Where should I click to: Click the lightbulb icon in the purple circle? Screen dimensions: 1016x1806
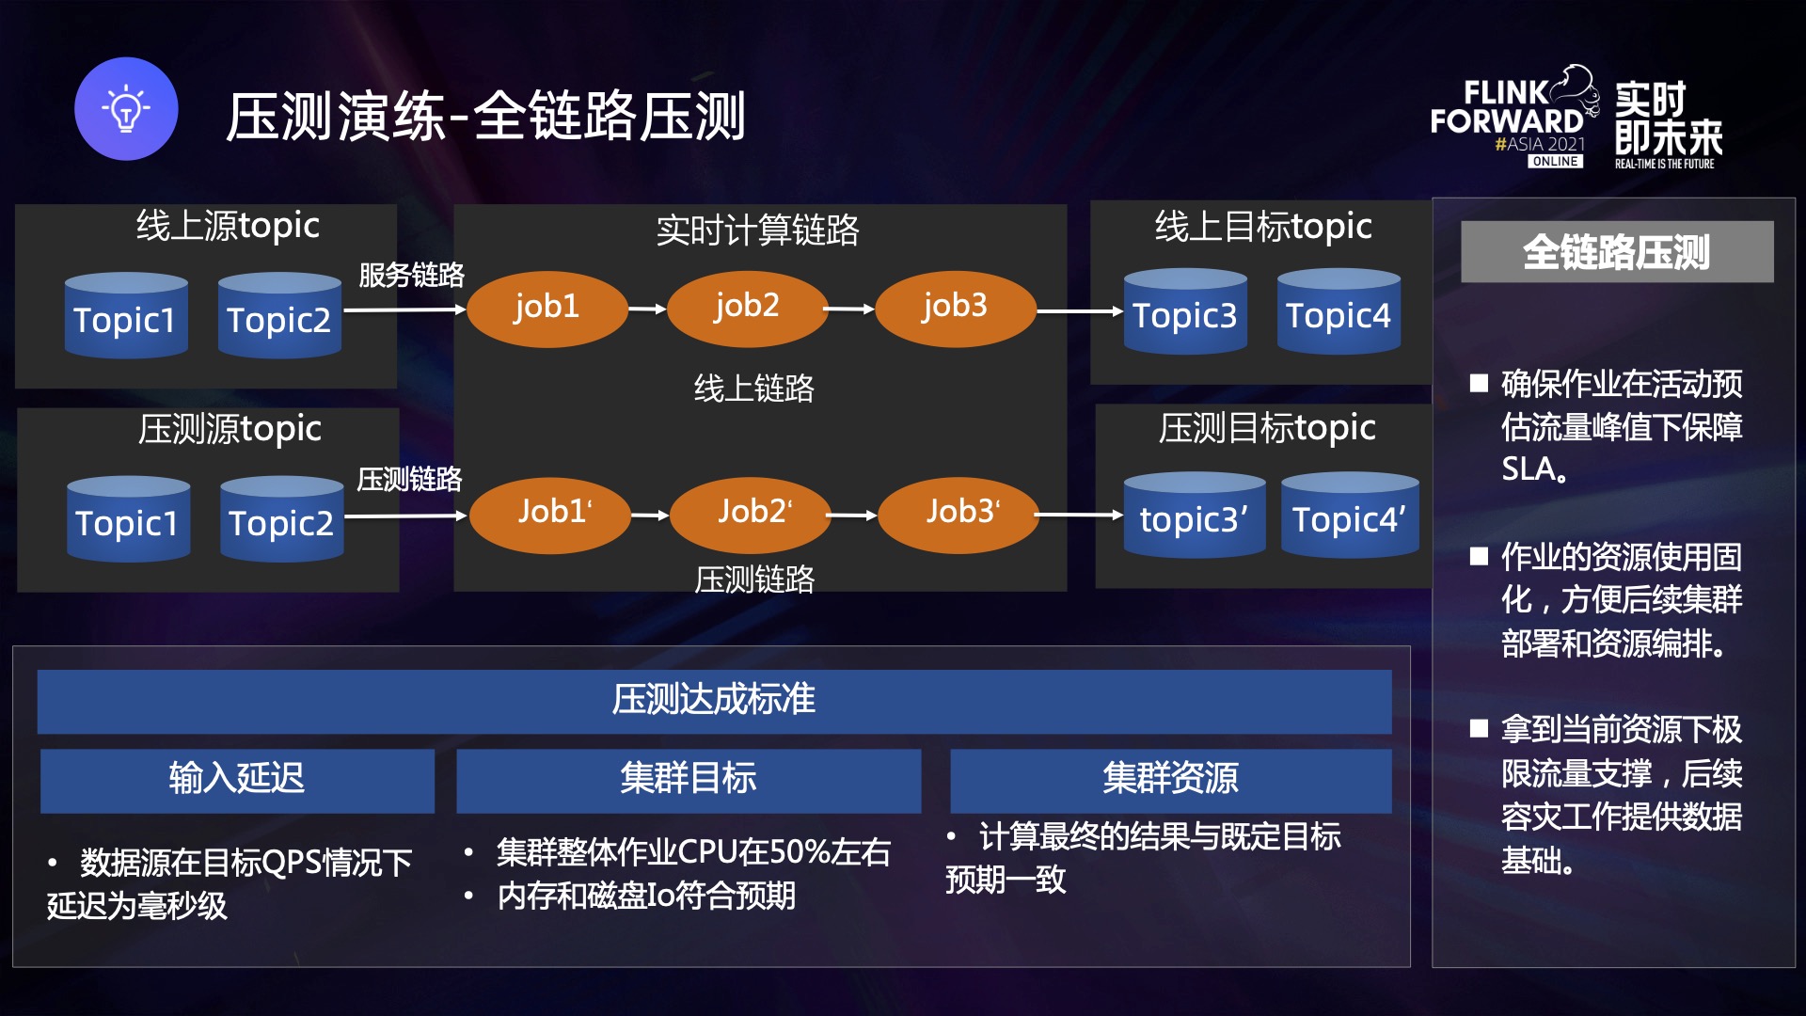pyautogui.click(x=126, y=109)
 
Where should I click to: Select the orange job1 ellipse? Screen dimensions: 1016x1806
pyautogui.click(x=547, y=309)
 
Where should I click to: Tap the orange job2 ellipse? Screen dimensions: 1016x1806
pyautogui.click(x=747, y=308)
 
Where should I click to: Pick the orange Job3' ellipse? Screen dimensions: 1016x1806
pyautogui.click(x=958, y=514)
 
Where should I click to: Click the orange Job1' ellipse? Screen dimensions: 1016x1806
pyautogui.click(x=550, y=514)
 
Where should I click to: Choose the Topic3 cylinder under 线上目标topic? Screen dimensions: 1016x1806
pyautogui.click(x=1185, y=314)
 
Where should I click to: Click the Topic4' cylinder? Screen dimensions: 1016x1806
pyautogui.click(x=1349, y=517)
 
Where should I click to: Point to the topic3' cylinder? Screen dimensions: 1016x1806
pyautogui.click(x=1194, y=517)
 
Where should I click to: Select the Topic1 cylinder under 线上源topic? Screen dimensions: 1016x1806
pyautogui.click(x=126, y=318)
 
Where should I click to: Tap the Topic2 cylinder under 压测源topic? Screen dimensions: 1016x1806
pyautogui.click(x=281, y=521)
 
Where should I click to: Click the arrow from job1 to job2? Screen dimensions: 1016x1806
pyautogui.click(x=647, y=309)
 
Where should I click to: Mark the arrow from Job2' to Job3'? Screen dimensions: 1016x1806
pyautogui.click(x=853, y=515)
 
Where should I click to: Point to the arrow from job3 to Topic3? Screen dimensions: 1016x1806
pyautogui.click(x=1079, y=310)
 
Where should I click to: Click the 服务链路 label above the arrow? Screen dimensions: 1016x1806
pyautogui.click(x=411, y=275)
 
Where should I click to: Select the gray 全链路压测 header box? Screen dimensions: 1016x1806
pyautogui.click(x=1616, y=251)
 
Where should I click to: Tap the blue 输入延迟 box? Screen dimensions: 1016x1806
pyautogui.click(x=237, y=780)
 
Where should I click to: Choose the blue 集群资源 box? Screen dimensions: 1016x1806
pyautogui.click(x=1170, y=780)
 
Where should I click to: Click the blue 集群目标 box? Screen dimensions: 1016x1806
pyautogui.click(x=688, y=780)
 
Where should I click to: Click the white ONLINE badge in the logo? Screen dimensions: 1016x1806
pyautogui.click(x=1555, y=162)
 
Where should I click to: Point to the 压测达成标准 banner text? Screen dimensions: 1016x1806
pyautogui.click(x=714, y=700)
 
